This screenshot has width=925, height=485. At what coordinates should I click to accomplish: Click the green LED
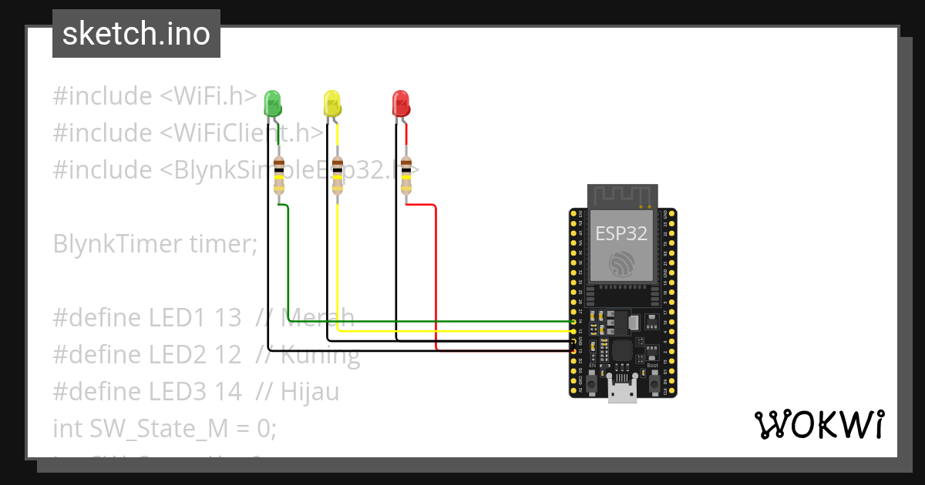273,103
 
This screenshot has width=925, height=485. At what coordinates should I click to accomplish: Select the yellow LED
331,103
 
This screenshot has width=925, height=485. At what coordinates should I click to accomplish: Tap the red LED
401,103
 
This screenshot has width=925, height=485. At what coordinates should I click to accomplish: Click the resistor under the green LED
278,175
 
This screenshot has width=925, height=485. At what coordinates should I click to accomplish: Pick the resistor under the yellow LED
337,175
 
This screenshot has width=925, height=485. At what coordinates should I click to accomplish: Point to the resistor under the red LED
406,175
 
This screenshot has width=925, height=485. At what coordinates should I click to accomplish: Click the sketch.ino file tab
136,34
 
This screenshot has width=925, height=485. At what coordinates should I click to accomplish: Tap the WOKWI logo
818,425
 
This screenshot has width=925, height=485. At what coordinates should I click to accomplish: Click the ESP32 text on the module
621,234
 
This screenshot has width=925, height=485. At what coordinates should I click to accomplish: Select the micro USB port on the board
622,391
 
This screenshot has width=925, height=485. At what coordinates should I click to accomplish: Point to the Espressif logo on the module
621,264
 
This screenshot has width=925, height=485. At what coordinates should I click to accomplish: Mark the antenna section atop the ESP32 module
622,196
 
